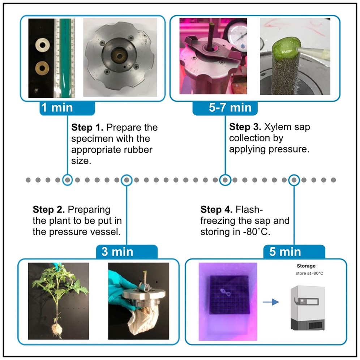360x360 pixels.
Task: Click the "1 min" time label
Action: click(57, 108)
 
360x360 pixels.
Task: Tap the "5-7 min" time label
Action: click(225, 108)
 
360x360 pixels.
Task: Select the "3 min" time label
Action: click(117, 252)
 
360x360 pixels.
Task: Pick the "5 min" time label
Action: click(285, 252)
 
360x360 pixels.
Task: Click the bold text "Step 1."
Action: click(87, 128)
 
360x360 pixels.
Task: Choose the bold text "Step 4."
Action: click(217, 210)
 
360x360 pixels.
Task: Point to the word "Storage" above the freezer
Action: click(306, 266)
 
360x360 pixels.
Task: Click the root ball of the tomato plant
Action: click(57, 328)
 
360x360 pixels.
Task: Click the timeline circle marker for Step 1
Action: click(67, 180)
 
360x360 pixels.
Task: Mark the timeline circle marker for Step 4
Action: click(294, 180)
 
